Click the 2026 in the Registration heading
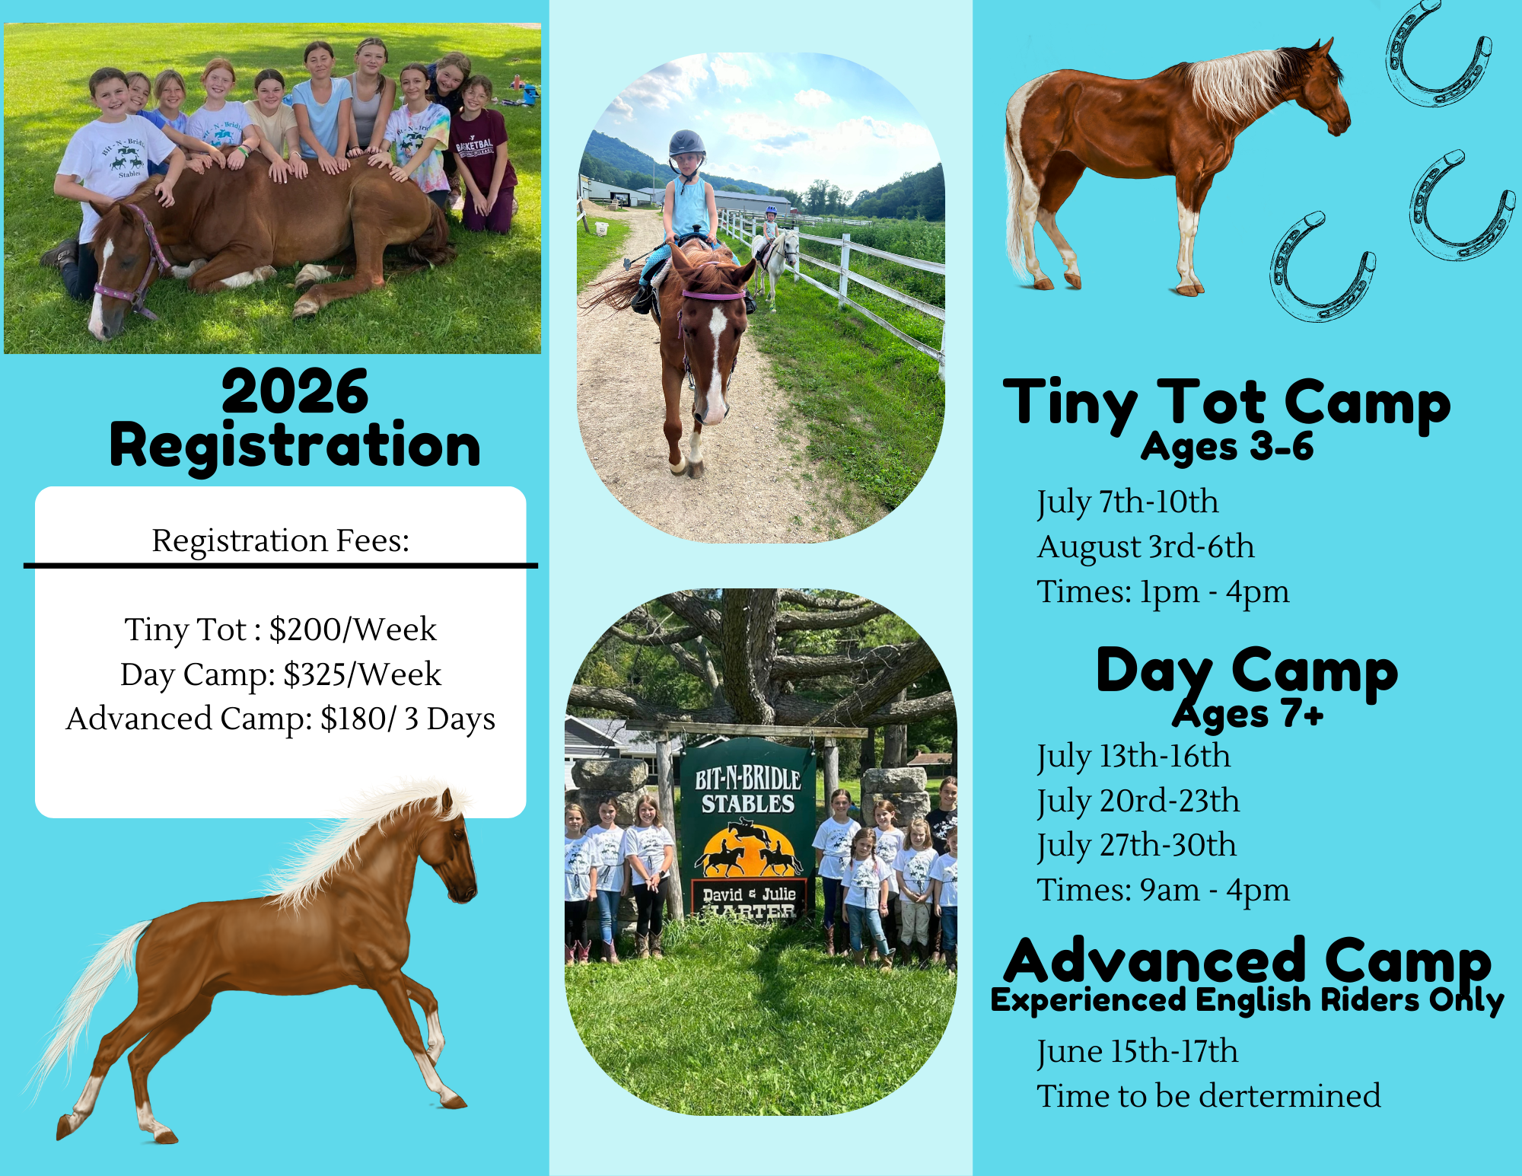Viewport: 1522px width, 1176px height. click(295, 392)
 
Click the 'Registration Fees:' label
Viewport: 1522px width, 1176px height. click(281, 540)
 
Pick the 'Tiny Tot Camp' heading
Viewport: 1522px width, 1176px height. click(1227, 403)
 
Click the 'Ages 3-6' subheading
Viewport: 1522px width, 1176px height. click(1227, 447)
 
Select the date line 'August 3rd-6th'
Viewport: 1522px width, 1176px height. click(1145, 547)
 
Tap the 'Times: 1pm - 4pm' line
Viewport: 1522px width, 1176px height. click(1163, 591)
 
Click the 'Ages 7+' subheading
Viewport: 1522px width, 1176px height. click(1248, 714)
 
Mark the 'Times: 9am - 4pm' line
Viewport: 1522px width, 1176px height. click(1163, 890)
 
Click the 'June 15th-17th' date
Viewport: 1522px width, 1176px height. click(1137, 1052)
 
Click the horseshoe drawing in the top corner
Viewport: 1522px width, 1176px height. click(1437, 53)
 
